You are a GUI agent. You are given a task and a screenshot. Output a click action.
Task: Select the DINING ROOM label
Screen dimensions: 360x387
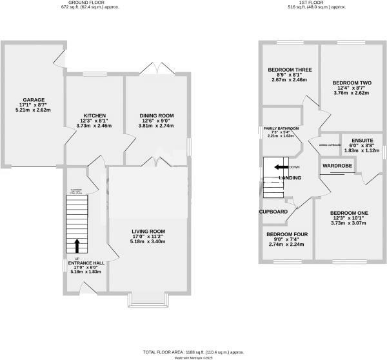157,115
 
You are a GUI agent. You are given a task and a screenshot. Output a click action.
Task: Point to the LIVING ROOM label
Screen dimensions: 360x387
149,231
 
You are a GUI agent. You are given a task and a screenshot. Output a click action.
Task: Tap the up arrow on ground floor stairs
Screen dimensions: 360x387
77,246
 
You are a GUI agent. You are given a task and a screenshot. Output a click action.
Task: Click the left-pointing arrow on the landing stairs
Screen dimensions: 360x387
282,167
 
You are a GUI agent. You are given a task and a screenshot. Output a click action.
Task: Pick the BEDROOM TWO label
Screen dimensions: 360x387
351,83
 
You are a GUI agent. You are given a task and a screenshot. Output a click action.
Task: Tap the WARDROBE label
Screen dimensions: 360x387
336,166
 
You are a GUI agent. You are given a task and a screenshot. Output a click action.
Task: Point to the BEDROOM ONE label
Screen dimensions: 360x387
349,213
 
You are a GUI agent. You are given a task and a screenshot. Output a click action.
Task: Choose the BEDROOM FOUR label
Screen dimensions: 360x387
287,234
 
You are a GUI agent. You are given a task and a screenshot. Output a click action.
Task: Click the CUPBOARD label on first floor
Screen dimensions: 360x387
273,212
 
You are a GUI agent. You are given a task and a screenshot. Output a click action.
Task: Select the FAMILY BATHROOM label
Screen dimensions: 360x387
280,129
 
